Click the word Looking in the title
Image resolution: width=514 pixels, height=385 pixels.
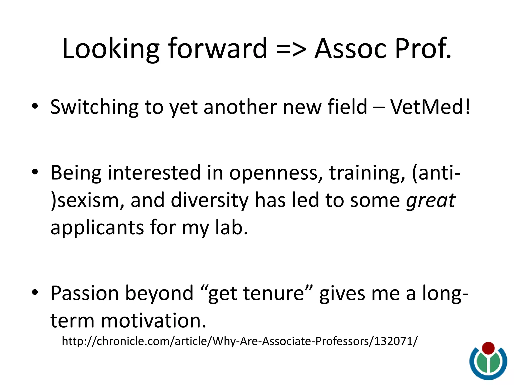point(110,49)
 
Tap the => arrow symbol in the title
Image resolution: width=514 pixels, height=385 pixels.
point(291,49)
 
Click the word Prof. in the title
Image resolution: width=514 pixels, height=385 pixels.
point(423,49)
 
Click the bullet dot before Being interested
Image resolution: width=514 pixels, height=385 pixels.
point(35,172)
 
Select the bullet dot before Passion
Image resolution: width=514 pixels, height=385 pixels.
point(35,292)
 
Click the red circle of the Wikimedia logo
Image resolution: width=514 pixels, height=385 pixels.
point(488,348)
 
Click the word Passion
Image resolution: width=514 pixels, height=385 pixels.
point(85,293)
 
